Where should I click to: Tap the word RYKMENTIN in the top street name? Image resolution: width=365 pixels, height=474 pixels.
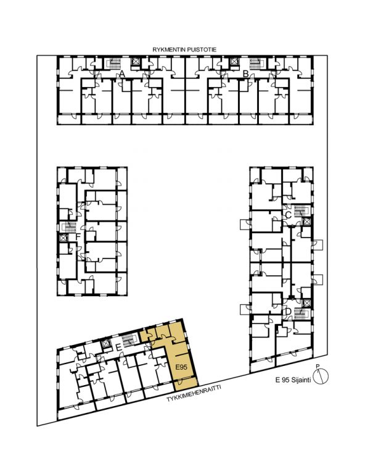coord(168,50)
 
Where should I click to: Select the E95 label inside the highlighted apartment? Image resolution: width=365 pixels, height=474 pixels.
coord(181,367)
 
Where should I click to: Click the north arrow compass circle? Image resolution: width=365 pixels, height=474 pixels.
coord(321,376)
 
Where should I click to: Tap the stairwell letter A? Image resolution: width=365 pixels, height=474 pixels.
coord(122,73)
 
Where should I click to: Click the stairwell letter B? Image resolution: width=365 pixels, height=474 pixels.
coord(246,73)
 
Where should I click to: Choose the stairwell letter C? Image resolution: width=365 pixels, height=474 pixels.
coord(288,215)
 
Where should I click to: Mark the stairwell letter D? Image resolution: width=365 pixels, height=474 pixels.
coord(288,311)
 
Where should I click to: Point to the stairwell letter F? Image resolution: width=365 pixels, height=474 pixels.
coord(78,236)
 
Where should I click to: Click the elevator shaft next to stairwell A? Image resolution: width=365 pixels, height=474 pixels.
coord(135,62)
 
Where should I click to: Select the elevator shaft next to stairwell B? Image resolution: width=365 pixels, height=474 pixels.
coord(234,62)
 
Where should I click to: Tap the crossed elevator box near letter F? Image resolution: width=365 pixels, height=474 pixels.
coord(63,238)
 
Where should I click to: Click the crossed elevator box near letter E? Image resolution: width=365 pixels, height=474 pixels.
coord(105,344)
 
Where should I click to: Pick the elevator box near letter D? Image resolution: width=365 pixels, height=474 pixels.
coord(306,303)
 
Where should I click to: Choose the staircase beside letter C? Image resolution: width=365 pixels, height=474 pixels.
coord(300,210)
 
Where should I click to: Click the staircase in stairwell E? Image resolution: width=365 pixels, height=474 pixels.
coord(129,339)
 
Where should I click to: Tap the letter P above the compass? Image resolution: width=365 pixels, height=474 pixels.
coord(318,367)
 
